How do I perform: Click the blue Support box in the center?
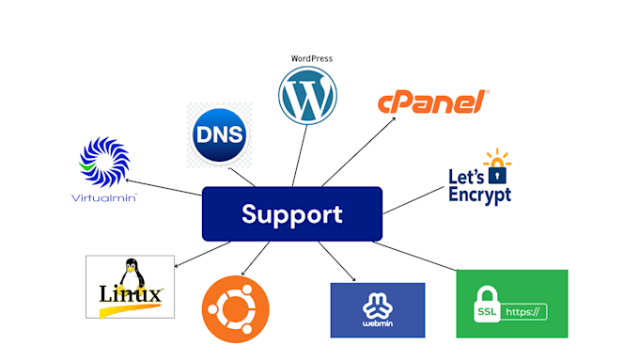(x=291, y=213)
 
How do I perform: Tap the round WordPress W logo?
(x=306, y=98)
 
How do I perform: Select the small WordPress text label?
(x=311, y=58)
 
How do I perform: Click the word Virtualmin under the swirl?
(x=104, y=198)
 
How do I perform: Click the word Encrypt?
(x=479, y=195)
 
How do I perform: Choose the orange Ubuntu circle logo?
(x=235, y=309)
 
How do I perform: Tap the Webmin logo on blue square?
(x=377, y=303)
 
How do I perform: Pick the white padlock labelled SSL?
(x=486, y=303)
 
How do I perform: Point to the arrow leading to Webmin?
(x=335, y=260)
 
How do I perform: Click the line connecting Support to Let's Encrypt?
(x=413, y=198)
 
